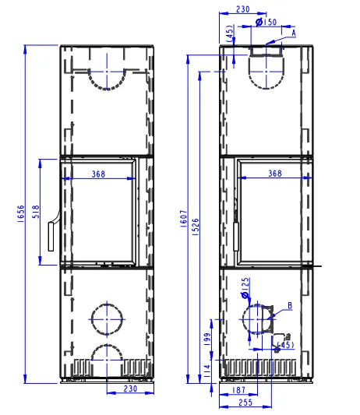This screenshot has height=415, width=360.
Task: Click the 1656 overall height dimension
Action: pos(21,213)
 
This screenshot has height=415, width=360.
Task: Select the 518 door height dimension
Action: pos(36,212)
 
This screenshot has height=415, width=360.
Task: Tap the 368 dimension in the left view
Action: pos(98,174)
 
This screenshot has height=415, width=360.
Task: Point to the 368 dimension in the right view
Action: pos(275,174)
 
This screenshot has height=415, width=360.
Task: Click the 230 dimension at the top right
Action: pos(242,9)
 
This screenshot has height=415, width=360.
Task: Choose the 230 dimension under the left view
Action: pos(130,389)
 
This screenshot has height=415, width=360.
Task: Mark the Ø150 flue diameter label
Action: pos(266,22)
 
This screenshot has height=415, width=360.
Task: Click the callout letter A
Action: pos(294,33)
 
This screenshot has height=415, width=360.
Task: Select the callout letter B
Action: pos(290,306)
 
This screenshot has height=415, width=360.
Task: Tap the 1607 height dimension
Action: pos(184,219)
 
